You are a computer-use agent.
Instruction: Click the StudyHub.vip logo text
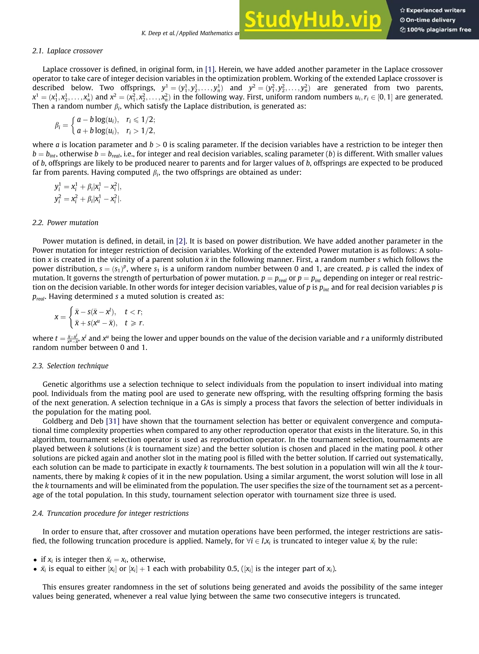coord(312,20)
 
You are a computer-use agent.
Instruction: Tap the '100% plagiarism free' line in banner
coord(436,29)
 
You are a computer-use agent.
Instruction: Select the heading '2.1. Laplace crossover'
coord(68,51)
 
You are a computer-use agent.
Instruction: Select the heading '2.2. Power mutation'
coord(65,223)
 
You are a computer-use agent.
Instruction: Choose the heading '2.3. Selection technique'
coord(70,366)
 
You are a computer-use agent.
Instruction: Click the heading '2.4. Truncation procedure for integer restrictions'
coord(110,513)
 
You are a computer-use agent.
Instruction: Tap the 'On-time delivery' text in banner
coord(431,20)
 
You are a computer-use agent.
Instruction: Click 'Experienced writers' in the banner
coord(433,11)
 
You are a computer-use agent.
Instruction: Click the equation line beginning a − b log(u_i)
coord(98,120)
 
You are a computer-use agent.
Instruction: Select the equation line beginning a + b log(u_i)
coord(98,131)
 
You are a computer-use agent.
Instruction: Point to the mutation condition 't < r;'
coord(133,312)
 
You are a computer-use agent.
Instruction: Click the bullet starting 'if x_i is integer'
coord(103,559)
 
